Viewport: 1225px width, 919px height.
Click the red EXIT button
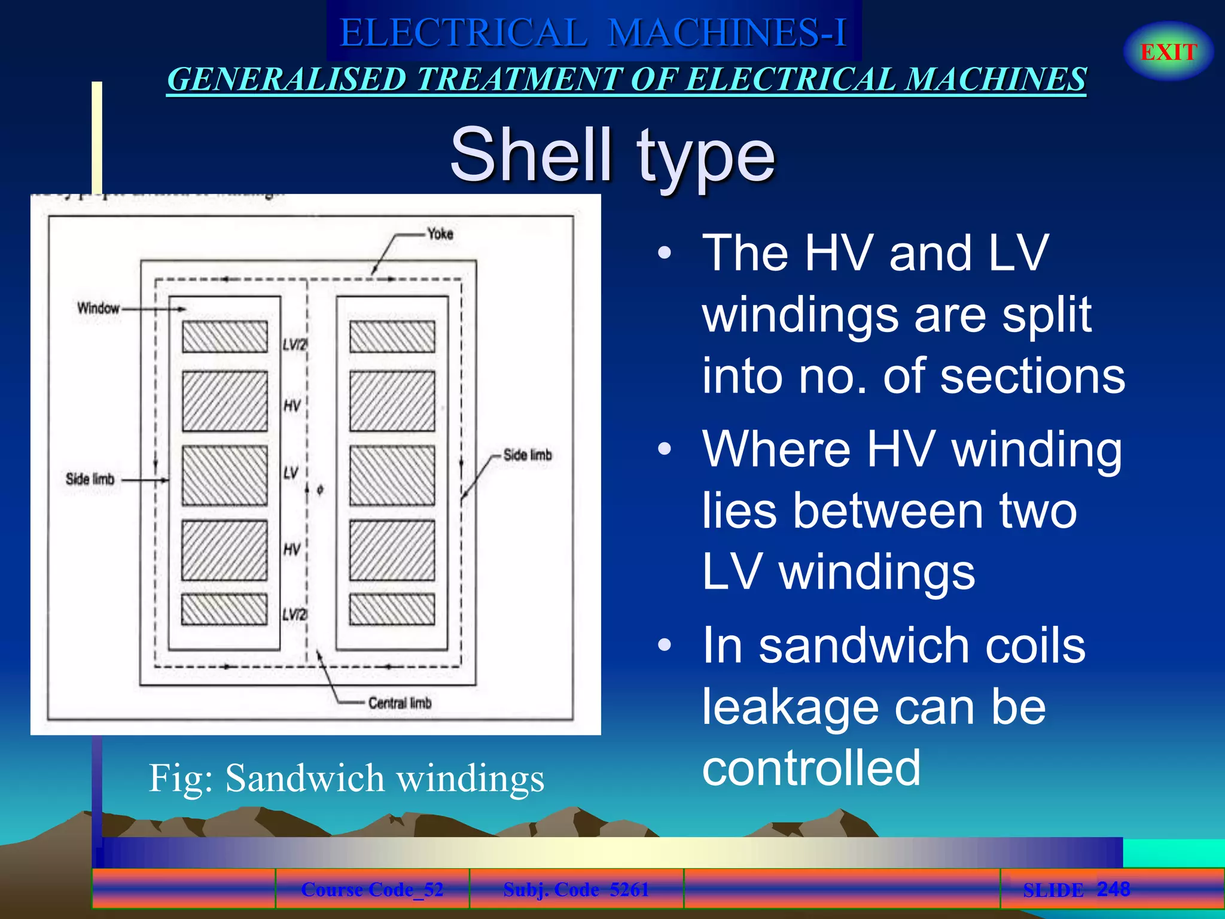[1168, 52]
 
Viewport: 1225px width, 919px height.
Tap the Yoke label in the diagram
[440, 234]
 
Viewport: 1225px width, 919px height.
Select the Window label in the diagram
[98, 308]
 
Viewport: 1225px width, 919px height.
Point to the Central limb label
[400, 703]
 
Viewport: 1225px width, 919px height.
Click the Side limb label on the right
[527, 455]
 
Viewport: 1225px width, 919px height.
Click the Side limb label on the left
[90, 479]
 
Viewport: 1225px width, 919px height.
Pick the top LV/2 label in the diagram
[294, 345]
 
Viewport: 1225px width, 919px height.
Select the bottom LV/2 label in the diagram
[294, 614]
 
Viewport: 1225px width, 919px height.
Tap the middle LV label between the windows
[291, 473]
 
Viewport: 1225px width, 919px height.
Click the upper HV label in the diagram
[292, 406]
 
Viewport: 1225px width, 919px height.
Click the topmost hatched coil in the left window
[225, 337]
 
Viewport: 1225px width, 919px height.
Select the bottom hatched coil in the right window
[392, 610]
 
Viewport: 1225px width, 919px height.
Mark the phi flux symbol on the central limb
[320, 490]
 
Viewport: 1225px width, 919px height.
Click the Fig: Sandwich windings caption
[346, 778]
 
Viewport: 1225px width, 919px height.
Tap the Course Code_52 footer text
[372, 889]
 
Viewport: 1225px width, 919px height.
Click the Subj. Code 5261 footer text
[575, 889]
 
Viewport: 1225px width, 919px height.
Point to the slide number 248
[1113, 888]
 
